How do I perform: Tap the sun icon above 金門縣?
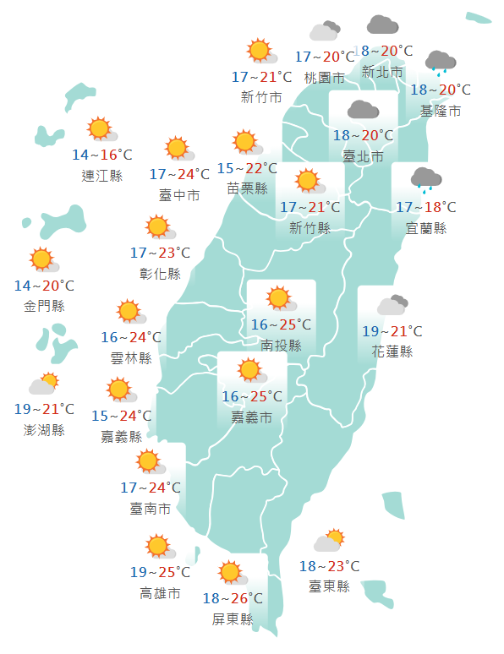click(41, 260)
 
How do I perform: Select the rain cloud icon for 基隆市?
click(440, 62)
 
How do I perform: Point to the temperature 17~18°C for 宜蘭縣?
click(425, 207)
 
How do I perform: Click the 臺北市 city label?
click(363, 156)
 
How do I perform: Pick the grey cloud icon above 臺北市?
click(363, 110)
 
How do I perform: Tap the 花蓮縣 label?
click(392, 352)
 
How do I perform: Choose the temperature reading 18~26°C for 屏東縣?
click(233, 599)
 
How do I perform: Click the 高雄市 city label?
click(160, 593)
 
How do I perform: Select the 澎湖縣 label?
click(45, 430)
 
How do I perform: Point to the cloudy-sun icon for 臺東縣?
click(329, 541)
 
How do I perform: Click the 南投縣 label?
click(281, 345)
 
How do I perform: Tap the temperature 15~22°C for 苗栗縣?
click(247, 168)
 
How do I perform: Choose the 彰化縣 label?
click(160, 273)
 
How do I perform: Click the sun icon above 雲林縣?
click(129, 312)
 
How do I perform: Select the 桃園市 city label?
click(325, 78)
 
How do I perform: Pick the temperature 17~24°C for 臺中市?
click(179, 175)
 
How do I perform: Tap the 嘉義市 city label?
click(252, 417)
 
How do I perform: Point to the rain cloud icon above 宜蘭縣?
click(425, 179)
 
